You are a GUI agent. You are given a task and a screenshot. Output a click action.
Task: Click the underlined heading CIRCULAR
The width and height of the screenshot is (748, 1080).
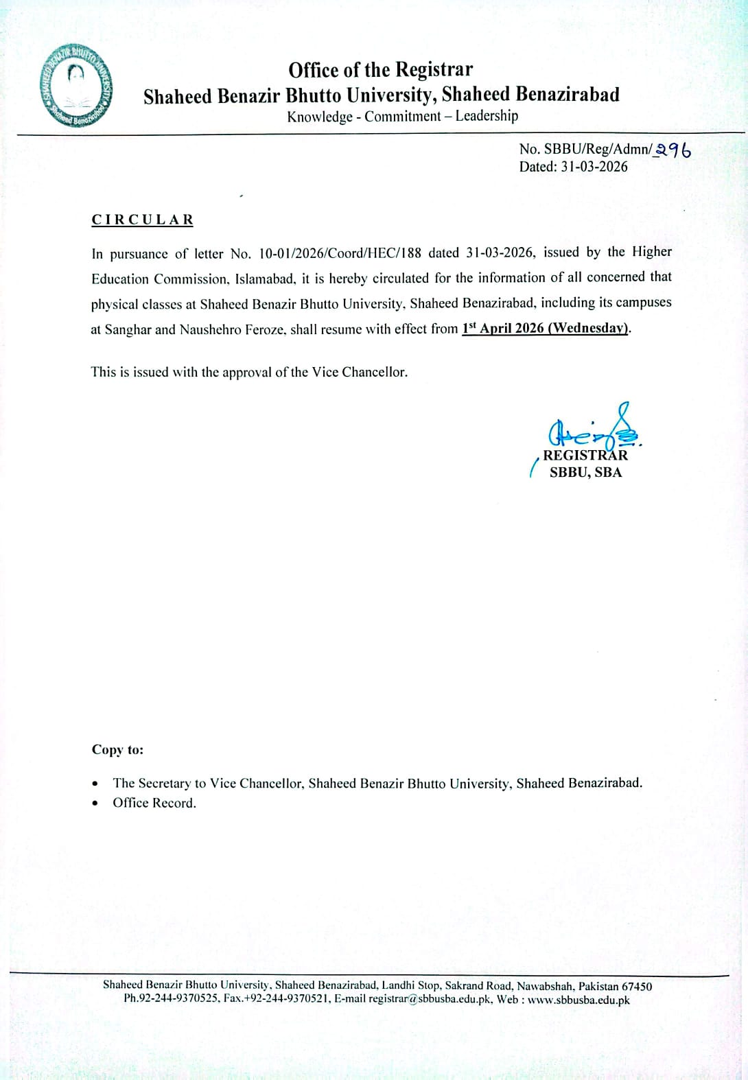coord(143,220)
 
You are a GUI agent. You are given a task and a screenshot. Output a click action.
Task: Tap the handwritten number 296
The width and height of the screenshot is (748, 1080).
coord(673,150)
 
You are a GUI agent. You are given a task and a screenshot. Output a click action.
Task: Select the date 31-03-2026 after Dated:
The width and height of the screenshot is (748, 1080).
coord(594,167)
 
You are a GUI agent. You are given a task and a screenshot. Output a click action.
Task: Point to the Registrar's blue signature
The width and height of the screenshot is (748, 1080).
coord(594,430)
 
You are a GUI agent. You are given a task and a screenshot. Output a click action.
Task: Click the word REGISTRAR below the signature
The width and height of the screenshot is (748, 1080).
coord(585,455)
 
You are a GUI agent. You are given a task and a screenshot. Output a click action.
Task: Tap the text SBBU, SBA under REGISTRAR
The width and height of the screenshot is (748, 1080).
coord(585,472)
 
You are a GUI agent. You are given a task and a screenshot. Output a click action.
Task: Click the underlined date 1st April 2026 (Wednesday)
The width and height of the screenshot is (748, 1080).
coord(546,328)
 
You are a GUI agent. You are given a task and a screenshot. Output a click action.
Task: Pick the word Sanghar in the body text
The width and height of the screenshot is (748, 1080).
coord(128,329)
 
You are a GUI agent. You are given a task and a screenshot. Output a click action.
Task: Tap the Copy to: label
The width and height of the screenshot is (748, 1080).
coord(118,749)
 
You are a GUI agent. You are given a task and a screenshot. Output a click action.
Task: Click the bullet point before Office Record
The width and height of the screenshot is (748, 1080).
coord(95,803)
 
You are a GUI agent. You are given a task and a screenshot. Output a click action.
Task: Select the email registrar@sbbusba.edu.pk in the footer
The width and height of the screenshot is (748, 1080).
coord(430,999)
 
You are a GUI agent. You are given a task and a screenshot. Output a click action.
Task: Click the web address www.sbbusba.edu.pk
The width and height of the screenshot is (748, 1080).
coord(578,1000)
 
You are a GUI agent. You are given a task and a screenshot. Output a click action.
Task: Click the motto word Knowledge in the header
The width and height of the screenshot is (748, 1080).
coord(319,117)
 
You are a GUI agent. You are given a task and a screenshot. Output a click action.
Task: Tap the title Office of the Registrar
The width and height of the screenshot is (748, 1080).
coord(380,70)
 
